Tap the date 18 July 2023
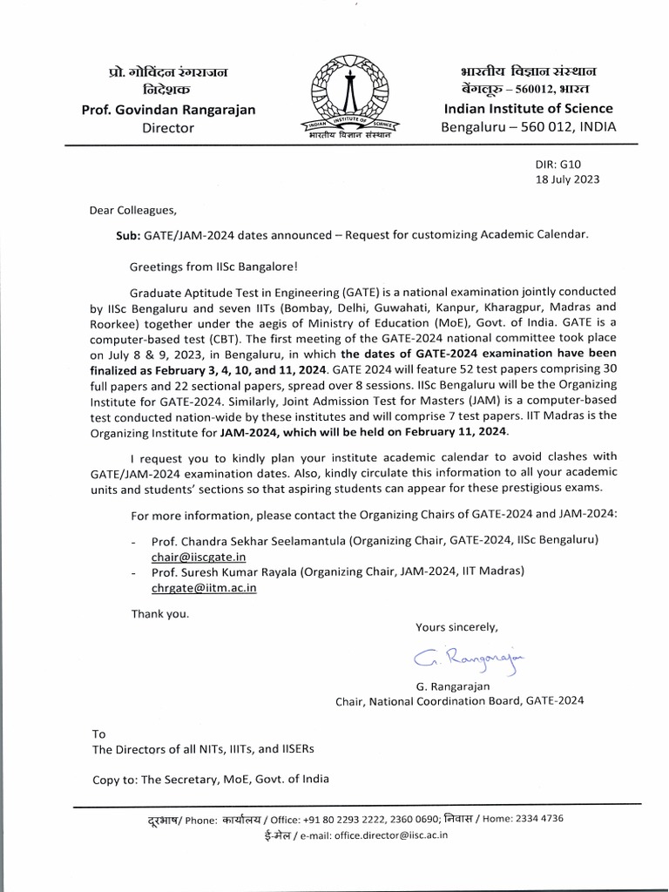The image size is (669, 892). point(566,179)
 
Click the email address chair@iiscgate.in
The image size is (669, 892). point(199,556)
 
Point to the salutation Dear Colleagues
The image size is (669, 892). point(132,210)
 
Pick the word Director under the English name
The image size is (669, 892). point(168,128)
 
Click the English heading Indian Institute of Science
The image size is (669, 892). point(528,109)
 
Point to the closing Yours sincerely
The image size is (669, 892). point(456,626)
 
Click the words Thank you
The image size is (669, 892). point(159,613)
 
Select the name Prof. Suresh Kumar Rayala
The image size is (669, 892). point(227,571)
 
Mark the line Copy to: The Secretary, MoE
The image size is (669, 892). point(211,779)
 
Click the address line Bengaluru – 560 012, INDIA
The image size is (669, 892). point(528,127)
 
